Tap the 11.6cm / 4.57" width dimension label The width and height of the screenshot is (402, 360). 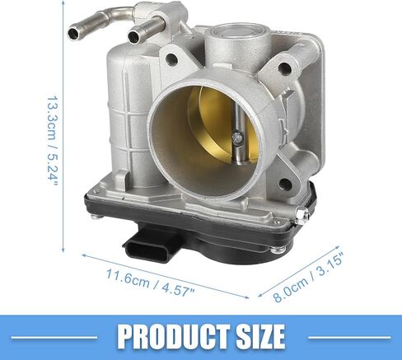point(150,283)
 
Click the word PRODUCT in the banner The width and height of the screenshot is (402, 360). point(174,336)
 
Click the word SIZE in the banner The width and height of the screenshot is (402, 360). point(260,336)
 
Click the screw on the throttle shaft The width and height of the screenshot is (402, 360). point(236,138)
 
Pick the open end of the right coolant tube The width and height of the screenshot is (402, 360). point(134,35)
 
